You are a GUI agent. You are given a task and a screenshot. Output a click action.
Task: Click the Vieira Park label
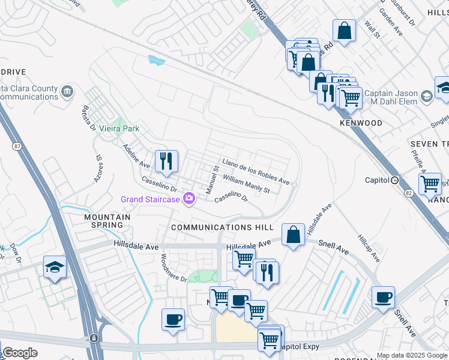pyautogui.click(x=119, y=128)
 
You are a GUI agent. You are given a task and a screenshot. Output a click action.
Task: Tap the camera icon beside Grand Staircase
pyautogui.click(x=190, y=199)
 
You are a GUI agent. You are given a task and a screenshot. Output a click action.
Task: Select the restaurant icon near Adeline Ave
pyautogui.click(x=166, y=161)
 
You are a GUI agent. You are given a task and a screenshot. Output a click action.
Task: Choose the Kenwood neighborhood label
pyautogui.click(x=360, y=123)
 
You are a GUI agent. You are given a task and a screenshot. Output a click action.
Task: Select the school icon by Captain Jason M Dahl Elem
pyautogui.click(x=426, y=96)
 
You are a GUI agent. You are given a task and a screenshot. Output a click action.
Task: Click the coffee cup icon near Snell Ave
pyautogui.click(x=383, y=298)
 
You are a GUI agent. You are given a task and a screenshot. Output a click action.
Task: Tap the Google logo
pyautogui.click(x=19, y=352)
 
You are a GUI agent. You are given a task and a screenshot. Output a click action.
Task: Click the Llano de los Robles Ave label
pyautogui.click(x=256, y=172)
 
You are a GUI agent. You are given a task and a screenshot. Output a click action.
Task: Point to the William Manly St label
pyautogui.click(x=246, y=184)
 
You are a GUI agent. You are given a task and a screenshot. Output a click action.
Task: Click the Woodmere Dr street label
pyautogui.click(x=174, y=267)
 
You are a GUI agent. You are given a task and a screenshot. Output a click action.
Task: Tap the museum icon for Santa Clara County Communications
pyautogui.click(x=67, y=92)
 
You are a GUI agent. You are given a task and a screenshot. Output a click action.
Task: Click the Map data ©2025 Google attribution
pyautogui.click(x=411, y=355)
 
